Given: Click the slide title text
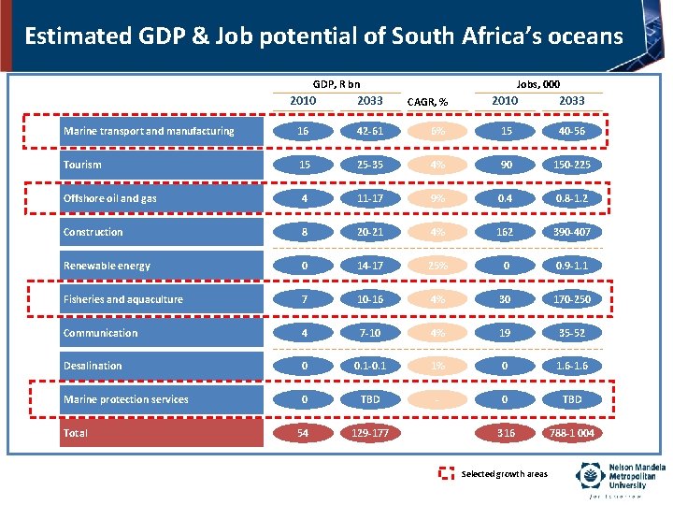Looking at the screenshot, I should (323, 36).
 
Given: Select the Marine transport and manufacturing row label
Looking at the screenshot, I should (150, 131).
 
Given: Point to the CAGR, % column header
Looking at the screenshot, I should (427, 102).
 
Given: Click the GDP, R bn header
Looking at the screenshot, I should (336, 84).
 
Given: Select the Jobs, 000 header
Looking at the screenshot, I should (538, 84).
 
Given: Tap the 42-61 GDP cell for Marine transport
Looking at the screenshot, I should (371, 131).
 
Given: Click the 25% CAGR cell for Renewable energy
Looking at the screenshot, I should (437, 266).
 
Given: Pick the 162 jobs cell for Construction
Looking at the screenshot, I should (506, 232).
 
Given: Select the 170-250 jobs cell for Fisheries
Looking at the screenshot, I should (572, 299).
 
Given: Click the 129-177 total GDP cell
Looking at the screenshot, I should (371, 433).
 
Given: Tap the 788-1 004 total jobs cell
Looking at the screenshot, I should (572, 433).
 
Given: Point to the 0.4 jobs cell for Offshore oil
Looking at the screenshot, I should (506, 198).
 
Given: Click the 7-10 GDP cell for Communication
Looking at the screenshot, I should (371, 333).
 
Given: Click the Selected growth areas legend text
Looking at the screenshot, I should (505, 474).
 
